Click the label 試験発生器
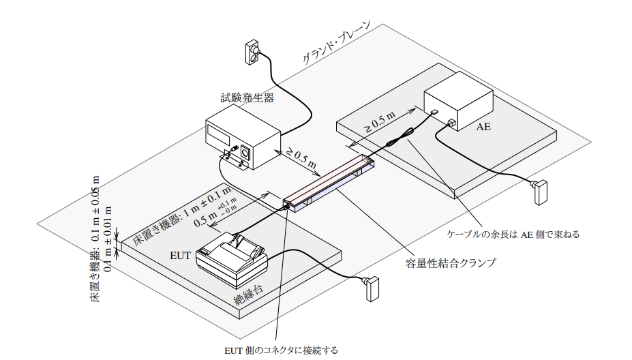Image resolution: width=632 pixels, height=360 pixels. tap(247, 97)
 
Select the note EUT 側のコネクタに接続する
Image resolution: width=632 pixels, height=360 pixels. tap(282, 350)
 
